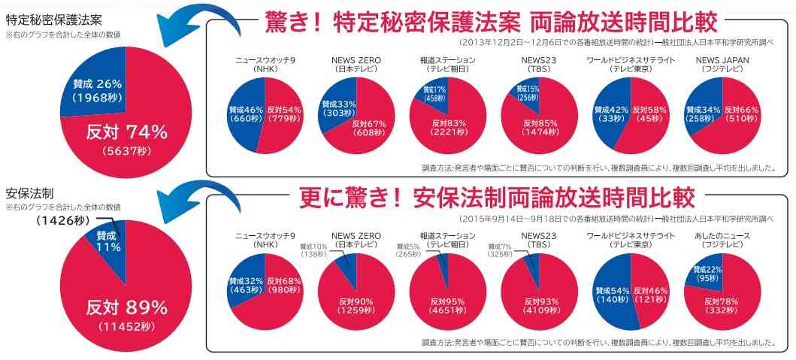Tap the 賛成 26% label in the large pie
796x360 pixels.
click(98, 90)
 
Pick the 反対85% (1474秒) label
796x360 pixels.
click(539, 127)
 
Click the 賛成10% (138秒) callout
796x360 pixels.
click(314, 251)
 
